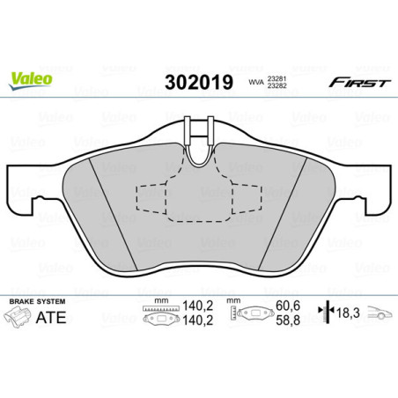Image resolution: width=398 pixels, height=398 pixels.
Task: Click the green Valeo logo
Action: point(31,78)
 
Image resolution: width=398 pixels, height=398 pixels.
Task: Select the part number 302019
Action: point(198,82)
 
